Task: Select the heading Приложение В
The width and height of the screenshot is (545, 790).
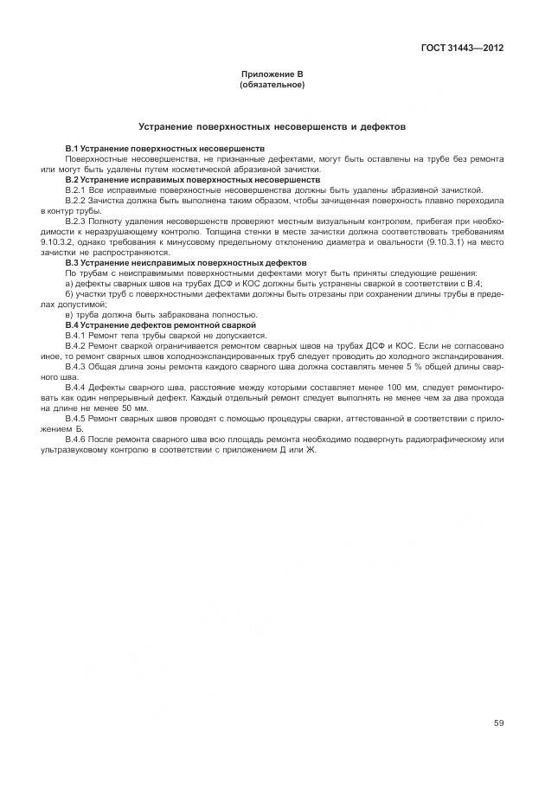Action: (x=272, y=76)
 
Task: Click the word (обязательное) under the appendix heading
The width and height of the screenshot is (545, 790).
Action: (x=272, y=86)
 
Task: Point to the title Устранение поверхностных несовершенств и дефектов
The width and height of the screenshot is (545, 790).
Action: (x=272, y=126)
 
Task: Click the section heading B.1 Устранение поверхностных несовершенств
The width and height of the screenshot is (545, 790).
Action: (x=164, y=150)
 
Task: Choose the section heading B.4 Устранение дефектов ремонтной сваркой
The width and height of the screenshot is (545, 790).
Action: (x=160, y=324)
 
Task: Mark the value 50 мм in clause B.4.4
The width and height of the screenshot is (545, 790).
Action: (x=136, y=408)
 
